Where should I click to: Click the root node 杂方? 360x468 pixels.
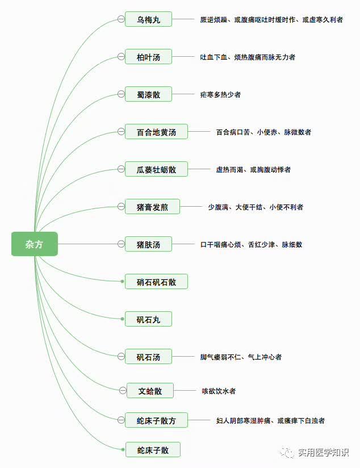tap(35, 244)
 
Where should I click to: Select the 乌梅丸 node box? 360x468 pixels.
tap(148, 19)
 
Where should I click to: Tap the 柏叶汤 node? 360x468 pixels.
tap(148, 57)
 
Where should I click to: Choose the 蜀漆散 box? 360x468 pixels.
tap(148, 94)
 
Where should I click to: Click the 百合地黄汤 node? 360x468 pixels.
tap(156, 132)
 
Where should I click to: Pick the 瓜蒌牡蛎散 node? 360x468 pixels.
tap(156, 169)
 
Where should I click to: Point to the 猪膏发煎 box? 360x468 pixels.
tap(152, 207)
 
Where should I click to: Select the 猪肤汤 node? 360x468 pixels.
tap(148, 244)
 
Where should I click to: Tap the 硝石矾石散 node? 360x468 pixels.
tap(156, 282)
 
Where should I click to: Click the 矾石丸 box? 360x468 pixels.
tap(148, 319)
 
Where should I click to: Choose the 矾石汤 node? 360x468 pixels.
tap(148, 357)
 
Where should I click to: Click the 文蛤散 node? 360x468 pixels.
tap(150, 391)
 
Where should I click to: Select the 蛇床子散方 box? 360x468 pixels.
tap(156, 420)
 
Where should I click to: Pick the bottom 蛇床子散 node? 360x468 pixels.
tap(153, 450)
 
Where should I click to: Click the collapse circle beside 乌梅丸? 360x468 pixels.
tap(121, 19)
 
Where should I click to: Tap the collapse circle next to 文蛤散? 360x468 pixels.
tap(123, 390)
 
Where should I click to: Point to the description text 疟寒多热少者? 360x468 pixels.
tap(220, 95)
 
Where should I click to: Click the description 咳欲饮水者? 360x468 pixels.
tap(219, 391)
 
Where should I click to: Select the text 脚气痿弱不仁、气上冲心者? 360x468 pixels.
tap(241, 357)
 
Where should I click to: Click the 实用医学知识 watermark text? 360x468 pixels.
tap(323, 452)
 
